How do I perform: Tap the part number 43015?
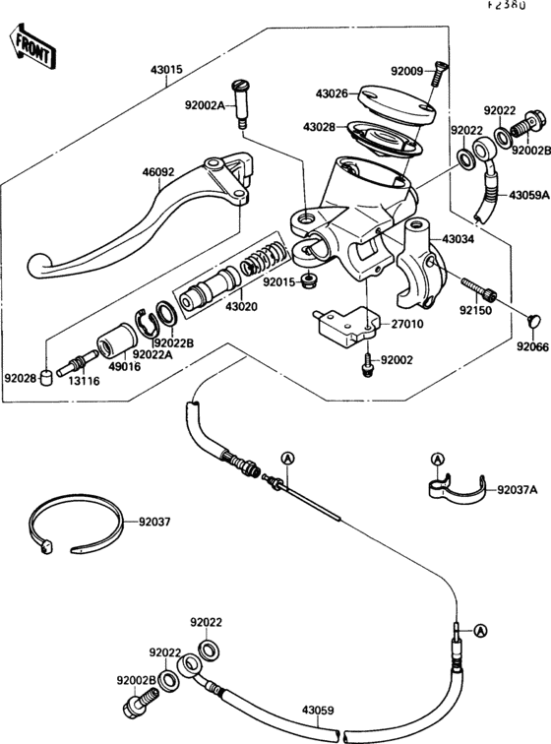[x=168, y=71]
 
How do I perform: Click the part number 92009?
[x=405, y=71]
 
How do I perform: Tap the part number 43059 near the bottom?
[x=318, y=709]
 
